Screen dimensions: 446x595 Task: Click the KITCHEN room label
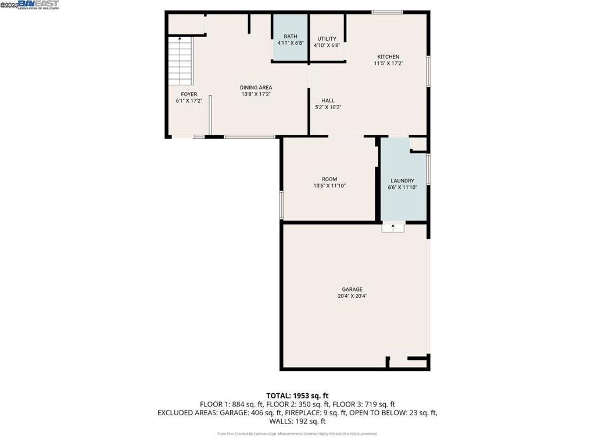pyautogui.click(x=388, y=56)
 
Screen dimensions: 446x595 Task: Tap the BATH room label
pyautogui.click(x=290, y=36)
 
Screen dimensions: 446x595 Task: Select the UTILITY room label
pyautogui.click(x=327, y=39)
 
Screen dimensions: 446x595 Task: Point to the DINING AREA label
pyautogui.click(x=256, y=88)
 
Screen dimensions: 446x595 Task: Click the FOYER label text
pyautogui.click(x=189, y=94)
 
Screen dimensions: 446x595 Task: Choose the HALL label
pyautogui.click(x=328, y=100)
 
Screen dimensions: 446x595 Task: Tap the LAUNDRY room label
pyautogui.click(x=402, y=181)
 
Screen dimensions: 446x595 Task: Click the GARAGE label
pyautogui.click(x=352, y=289)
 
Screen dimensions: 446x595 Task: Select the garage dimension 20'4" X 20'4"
pyautogui.click(x=352, y=296)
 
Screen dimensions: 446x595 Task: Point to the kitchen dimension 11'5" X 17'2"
pyautogui.click(x=388, y=63)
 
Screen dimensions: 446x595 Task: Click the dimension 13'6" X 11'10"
pyautogui.click(x=329, y=186)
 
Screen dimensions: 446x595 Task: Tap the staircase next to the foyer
pyautogui.click(x=181, y=62)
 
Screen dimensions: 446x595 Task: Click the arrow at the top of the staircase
pyautogui.click(x=180, y=39)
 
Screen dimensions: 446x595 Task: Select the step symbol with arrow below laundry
pyautogui.click(x=393, y=227)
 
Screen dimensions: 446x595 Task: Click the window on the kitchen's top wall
pyautogui.click(x=387, y=12)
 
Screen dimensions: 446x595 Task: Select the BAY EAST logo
pyautogui.click(x=38, y=5)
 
